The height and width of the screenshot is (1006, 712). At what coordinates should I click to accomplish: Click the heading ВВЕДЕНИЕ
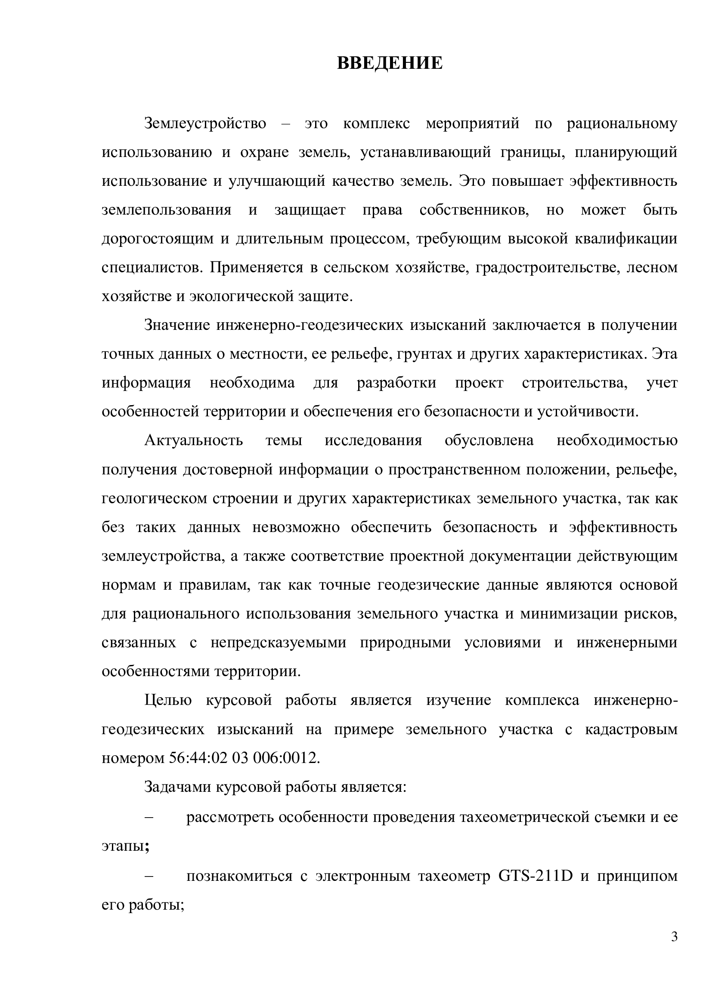click(x=390, y=63)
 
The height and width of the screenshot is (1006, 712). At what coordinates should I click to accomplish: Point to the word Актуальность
click(x=193, y=440)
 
